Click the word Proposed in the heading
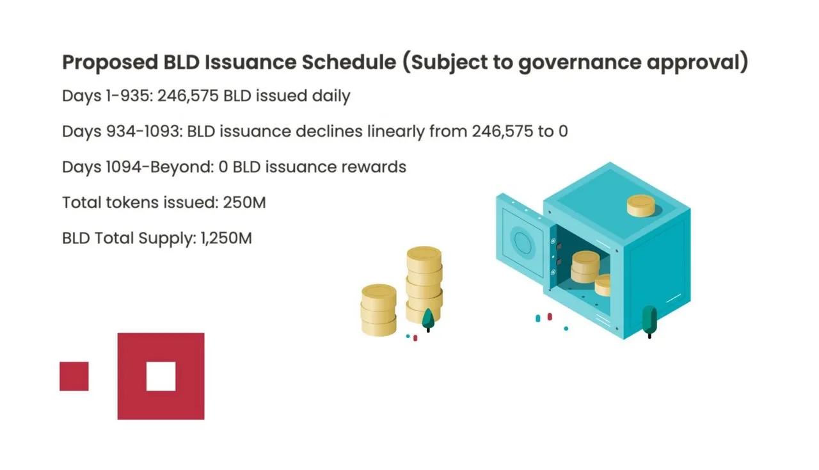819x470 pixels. click(110, 62)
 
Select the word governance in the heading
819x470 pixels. click(580, 63)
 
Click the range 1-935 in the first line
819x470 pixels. click(127, 96)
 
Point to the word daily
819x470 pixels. click(331, 97)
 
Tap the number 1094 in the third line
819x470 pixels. click(123, 167)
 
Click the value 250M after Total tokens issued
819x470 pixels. click(244, 202)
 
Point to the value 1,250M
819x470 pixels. click(227, 238)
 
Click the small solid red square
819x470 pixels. click(74, 377)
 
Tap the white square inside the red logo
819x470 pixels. click(161, 377)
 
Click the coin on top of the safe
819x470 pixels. click(641, 206)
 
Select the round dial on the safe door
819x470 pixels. click(523, 241)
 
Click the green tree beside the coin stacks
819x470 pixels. click(428, 320)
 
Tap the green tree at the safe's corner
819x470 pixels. click(649, 321)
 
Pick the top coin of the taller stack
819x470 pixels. click(424, 257)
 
